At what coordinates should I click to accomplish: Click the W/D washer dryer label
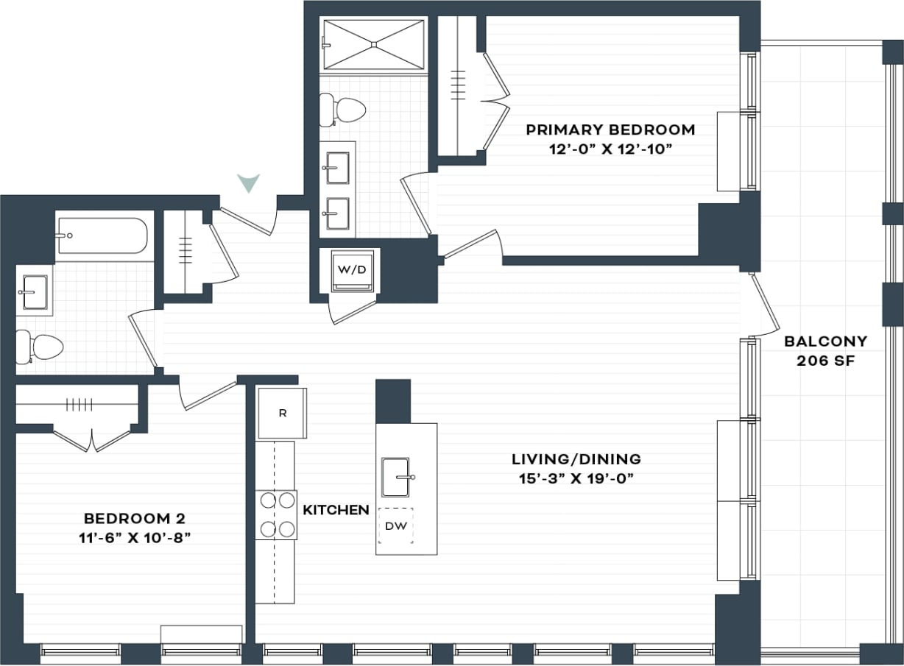[x=352, y=269]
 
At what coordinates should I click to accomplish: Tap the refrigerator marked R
[x=281, y=413]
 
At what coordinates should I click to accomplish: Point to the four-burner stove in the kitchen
[x=276, y=514]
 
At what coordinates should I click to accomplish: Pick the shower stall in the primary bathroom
[x=375, y=45]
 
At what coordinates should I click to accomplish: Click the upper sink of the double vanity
[x=337, y=169]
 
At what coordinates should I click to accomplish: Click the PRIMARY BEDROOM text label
[x=610, y=130]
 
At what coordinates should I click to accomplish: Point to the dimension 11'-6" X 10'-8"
[x=138, y=537]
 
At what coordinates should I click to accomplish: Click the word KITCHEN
[x=336, y=510]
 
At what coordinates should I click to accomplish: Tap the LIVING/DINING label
[x=576, y=459]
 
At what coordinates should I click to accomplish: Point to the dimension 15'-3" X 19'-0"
[x=576, y=478]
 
